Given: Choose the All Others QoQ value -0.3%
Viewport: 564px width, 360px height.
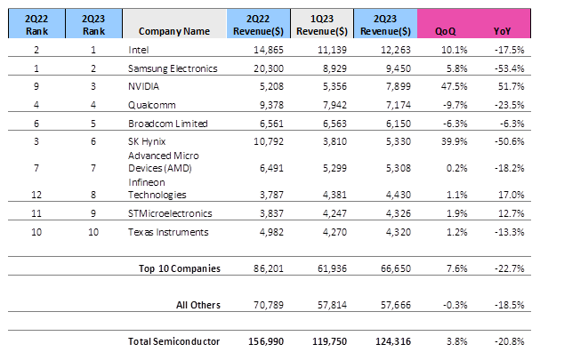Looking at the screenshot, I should tap(442, 305).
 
